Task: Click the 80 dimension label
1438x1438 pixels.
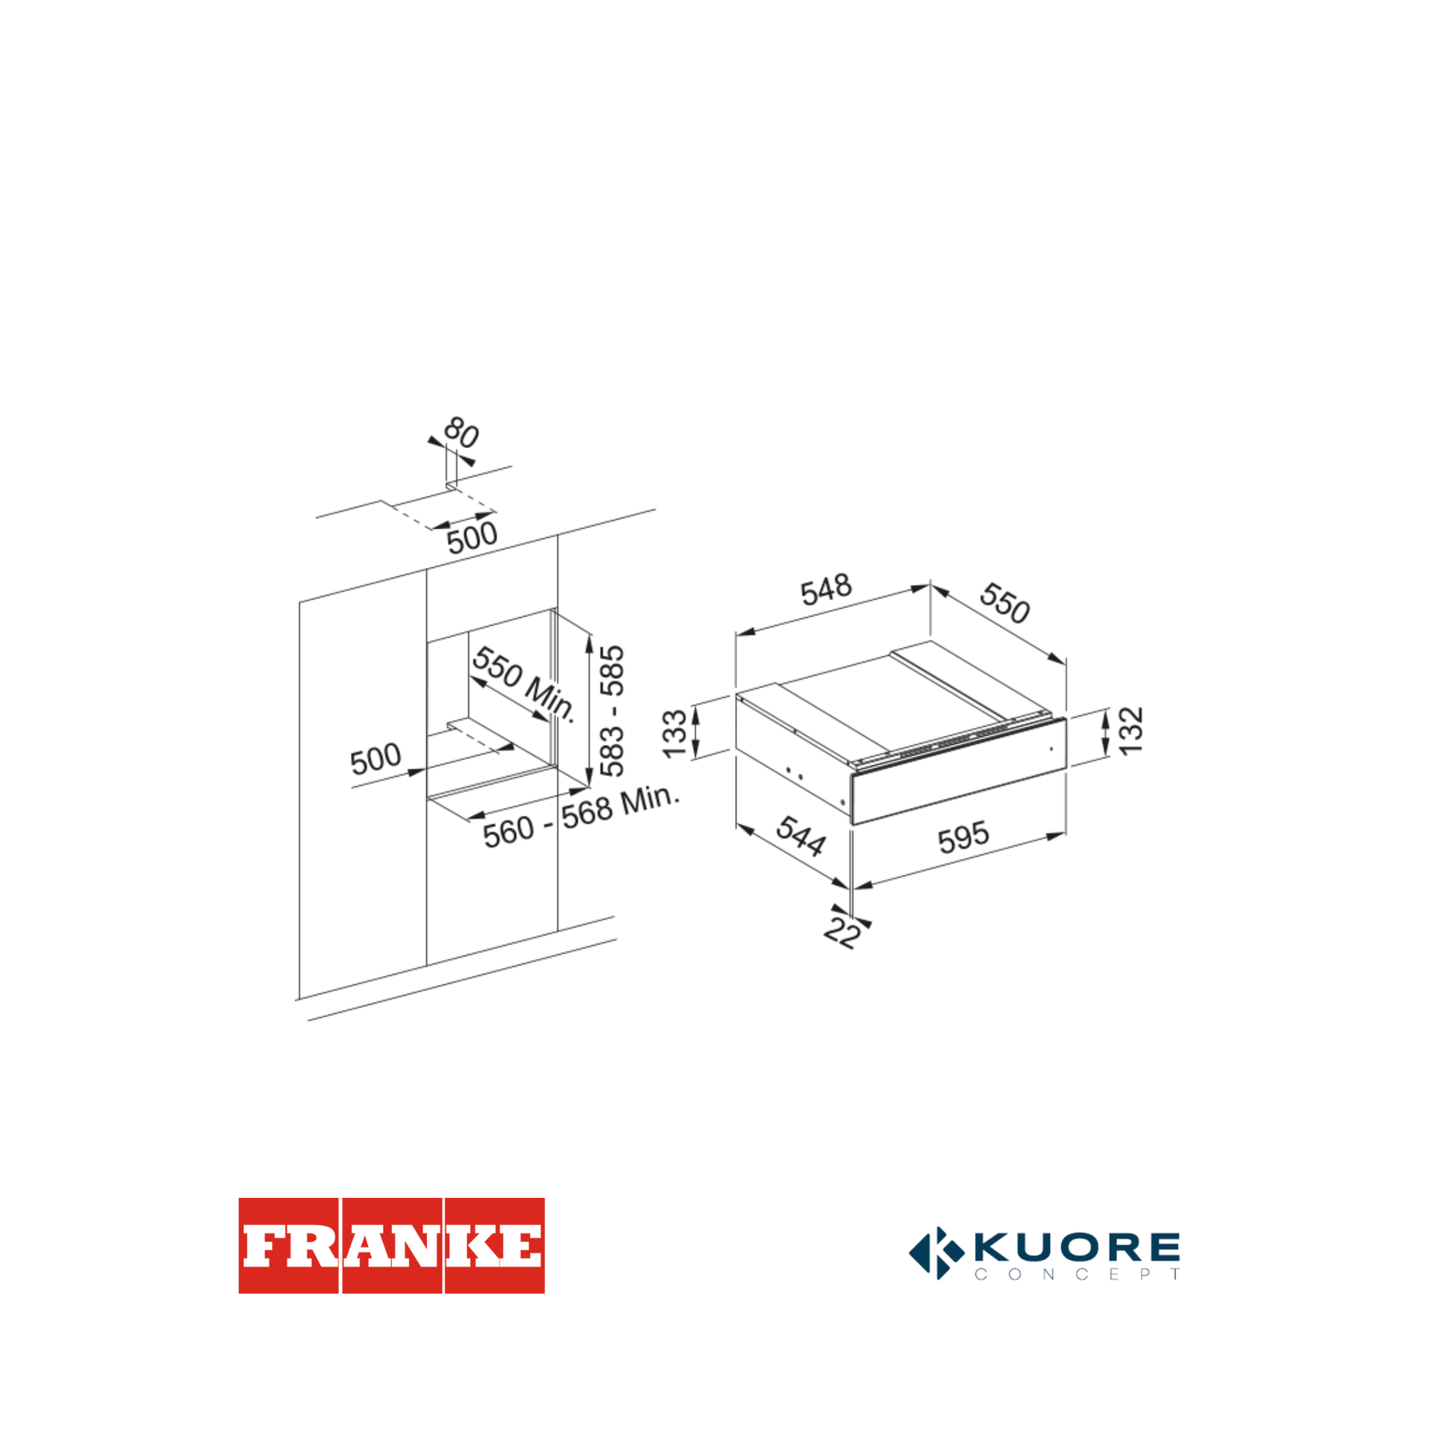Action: (x=461, y=432)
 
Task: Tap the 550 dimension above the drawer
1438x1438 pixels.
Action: (x=1005, y=602)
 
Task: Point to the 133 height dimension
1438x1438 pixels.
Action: (x=675, y=734)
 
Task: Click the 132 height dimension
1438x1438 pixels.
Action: (x=1131, y=731)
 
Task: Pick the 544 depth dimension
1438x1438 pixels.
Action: (x=801, y=836)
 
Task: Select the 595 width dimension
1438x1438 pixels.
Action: (x=963, y=837)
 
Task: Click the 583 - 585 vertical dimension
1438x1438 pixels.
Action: (x=612, y=711)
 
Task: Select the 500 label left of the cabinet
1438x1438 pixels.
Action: (x=376, y=758)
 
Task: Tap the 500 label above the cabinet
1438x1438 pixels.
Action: (x=472, y=537)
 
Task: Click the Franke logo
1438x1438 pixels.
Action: (x=392, y=1245)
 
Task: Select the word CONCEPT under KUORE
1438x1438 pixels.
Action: (x=1077, y=1274)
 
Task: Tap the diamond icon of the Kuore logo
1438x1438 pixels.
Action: (x=936, y=1253)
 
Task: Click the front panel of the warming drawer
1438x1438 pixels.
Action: (x=958, y=771)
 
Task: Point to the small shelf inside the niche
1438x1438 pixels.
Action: (x=480, y=733)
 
